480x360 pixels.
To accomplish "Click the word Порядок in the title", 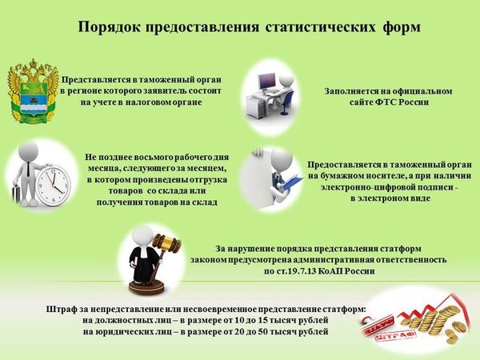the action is (x=110, y=27).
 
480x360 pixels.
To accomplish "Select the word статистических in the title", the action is (x=321, y=27).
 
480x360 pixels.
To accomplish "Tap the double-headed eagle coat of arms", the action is (x=33, y=91).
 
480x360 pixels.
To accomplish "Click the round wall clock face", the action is (x=54, y=185).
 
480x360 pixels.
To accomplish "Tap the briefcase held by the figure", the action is (x=17, y=194).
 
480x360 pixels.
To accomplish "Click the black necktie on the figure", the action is (x=28, y=169).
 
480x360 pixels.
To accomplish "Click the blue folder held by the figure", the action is (x=290, y=184).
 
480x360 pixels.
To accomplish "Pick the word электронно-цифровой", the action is (x=369, y=187).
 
